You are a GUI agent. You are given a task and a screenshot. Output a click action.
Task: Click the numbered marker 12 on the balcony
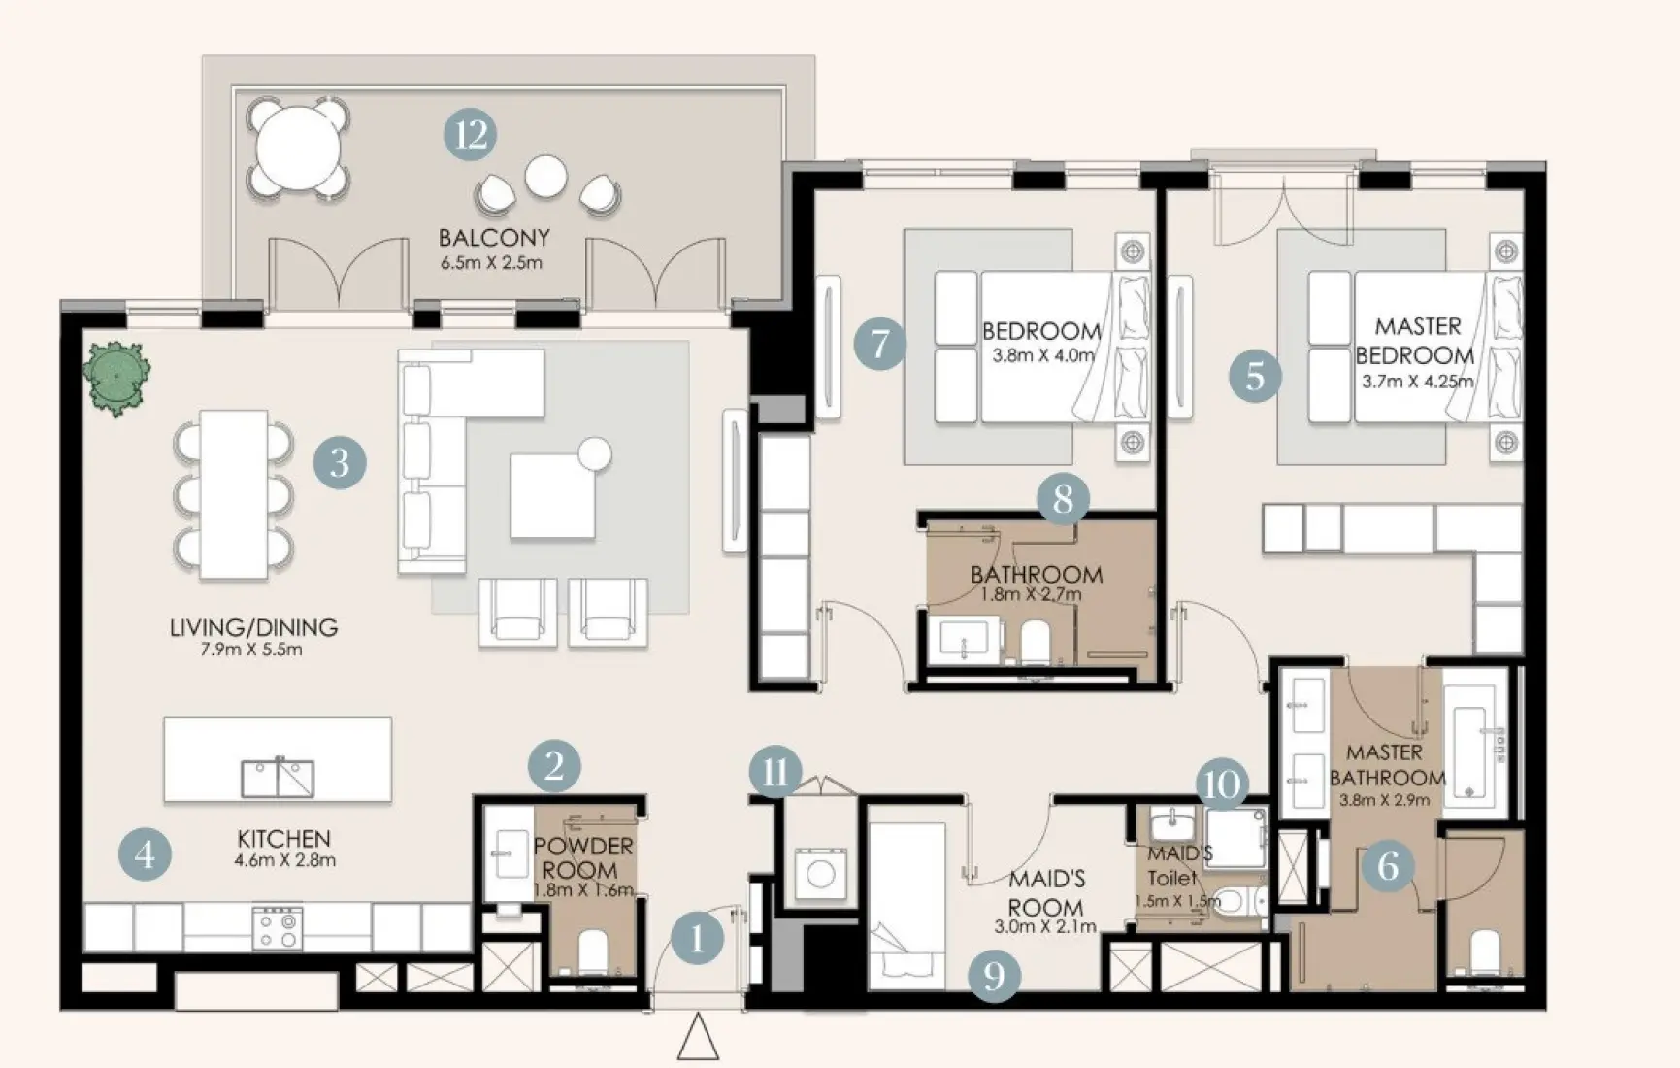point(471,134)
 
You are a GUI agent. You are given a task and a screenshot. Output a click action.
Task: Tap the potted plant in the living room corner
point(116,377)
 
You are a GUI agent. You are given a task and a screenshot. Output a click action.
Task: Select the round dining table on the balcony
point(298,150)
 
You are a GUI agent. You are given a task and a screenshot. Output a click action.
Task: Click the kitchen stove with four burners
point(278,927)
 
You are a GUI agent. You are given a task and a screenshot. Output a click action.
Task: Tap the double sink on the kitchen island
point(278,777)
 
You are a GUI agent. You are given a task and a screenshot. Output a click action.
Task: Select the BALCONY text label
point(494,238)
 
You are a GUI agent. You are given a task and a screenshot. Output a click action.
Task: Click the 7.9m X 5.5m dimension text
point(251,651)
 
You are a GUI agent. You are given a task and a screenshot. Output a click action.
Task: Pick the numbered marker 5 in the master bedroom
point(1255,376)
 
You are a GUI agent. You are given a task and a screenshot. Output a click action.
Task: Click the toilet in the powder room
point(592,951)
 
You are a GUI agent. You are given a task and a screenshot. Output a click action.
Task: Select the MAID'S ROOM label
point(1045,893)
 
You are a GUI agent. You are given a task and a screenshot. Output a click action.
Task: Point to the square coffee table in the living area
point(552,495)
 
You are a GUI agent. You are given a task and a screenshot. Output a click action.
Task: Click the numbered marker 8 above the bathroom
point(1063,499)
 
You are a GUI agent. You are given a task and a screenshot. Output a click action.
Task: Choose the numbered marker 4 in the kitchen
point(145,854)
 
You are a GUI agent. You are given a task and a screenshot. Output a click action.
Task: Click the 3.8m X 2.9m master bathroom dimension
point(1385,801)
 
